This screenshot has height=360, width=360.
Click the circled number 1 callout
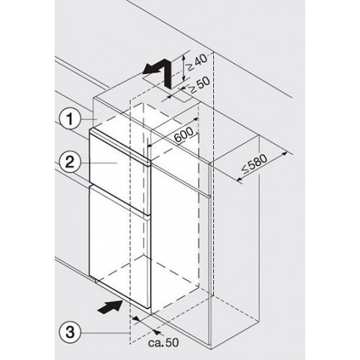coord(70,120)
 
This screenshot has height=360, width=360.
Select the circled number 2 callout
coord(70,163)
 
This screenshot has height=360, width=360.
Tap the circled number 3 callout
coord(70,333)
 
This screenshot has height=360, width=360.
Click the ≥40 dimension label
coord(197,63)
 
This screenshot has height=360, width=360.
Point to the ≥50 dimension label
coord(199,85)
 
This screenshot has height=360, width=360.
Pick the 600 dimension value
coord(184,135)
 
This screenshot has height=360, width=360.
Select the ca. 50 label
coord(163,343)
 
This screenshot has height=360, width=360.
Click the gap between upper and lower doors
coord(120,200)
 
